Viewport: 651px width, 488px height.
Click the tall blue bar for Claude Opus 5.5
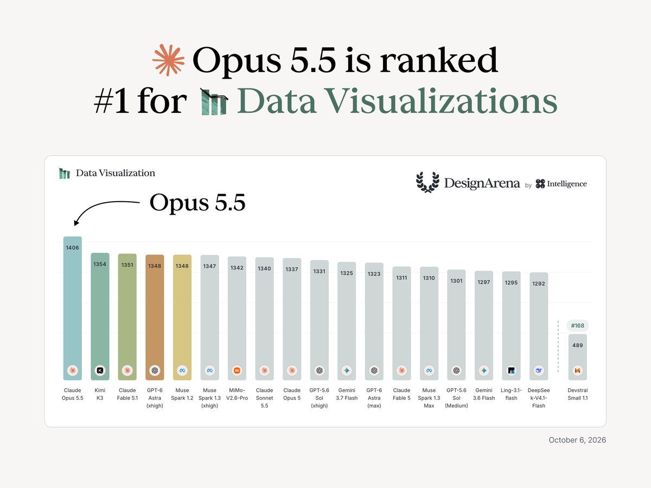pos(72,308)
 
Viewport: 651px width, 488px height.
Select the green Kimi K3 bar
pos(100,317)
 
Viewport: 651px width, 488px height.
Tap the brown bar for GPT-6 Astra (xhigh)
pos(155,317)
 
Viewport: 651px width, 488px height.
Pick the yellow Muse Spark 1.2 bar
pos(182,317)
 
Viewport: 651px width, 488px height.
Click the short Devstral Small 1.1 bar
pos(577,357)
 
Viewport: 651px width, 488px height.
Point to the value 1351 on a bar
pos(127,265)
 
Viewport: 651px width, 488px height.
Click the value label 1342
pos(237,268)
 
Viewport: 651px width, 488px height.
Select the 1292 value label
pos(539,284)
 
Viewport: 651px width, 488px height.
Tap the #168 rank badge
pos(577,326)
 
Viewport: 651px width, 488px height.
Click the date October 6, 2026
pos(577,440)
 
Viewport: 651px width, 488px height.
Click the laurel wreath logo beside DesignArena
pos(427,182)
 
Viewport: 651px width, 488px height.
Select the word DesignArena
pos(482,183)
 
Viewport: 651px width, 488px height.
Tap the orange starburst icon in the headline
pos(169,60)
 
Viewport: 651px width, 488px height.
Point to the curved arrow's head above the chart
pos(76,222)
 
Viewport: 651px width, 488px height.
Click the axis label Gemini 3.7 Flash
pos(347,394)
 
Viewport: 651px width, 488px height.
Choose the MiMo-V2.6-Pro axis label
pos(237,394)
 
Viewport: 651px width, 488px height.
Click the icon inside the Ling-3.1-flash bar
pos(512,370)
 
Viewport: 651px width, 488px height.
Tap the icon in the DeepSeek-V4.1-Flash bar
pos(539,370)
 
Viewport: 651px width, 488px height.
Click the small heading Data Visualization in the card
pos(116,173)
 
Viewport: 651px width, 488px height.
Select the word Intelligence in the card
pos(567,184)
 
